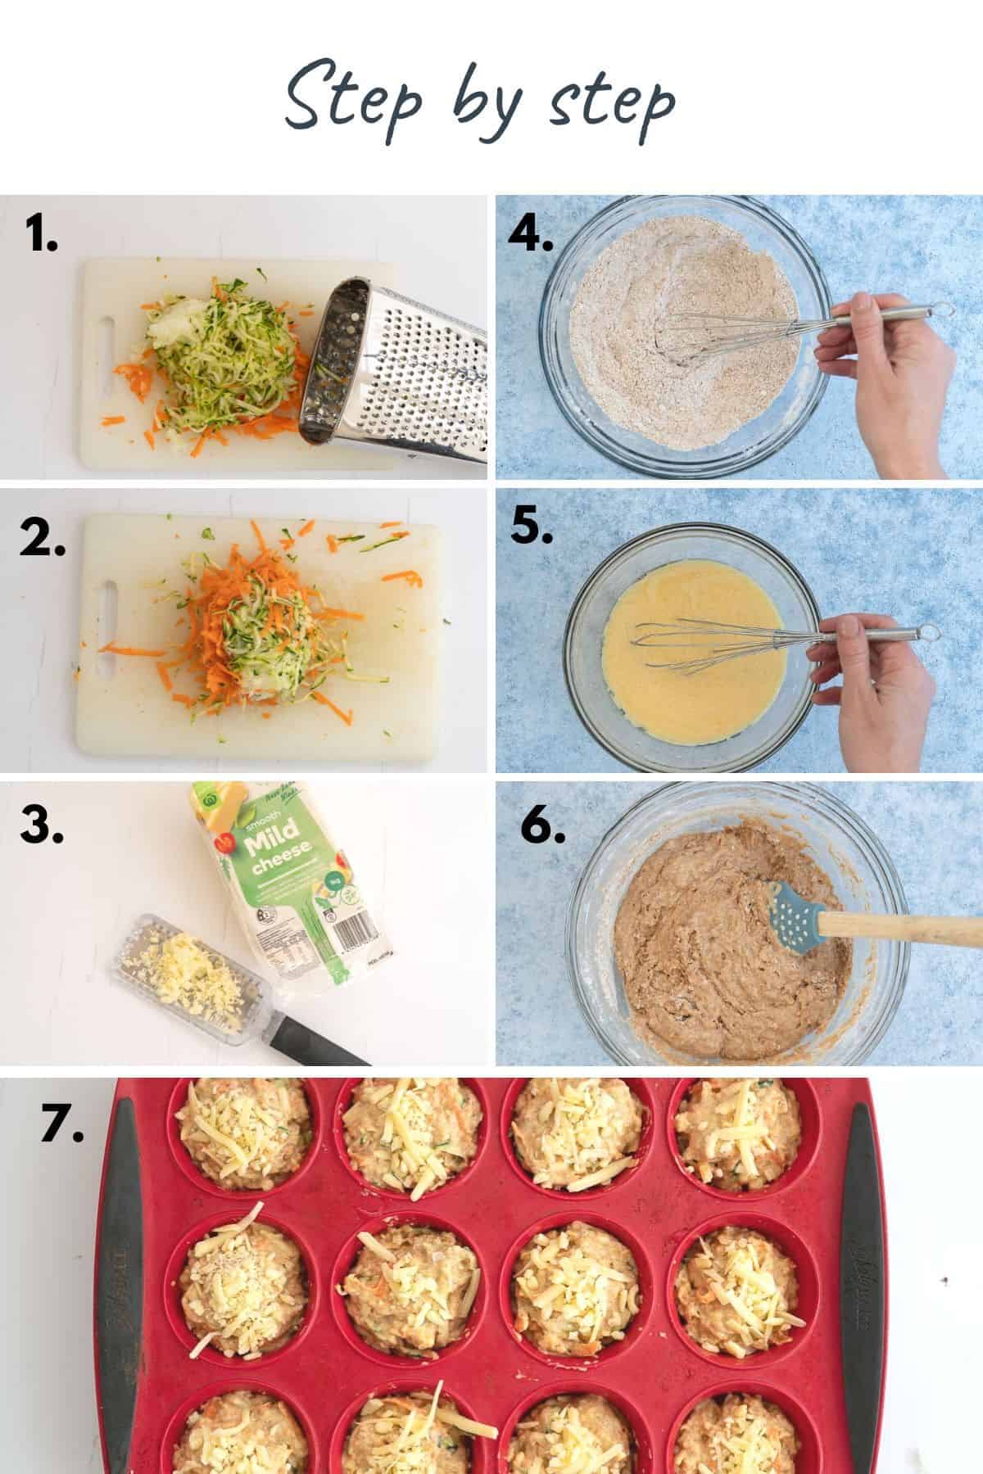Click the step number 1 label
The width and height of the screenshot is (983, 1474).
point(41,234)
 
